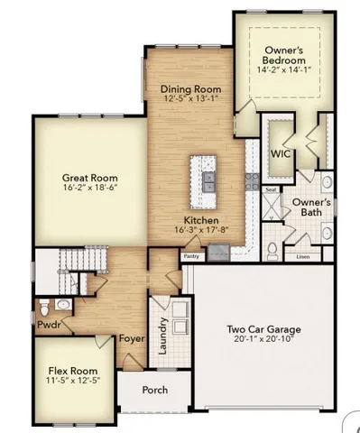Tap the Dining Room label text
coord(190,88)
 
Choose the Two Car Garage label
coord(263,329)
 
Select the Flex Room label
coord(74,379)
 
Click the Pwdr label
coord(49,320)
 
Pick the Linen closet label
coord(302,257)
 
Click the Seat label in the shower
coord(270,190)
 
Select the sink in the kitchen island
coord(209,178)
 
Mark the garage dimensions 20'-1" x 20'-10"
coord(263,340)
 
